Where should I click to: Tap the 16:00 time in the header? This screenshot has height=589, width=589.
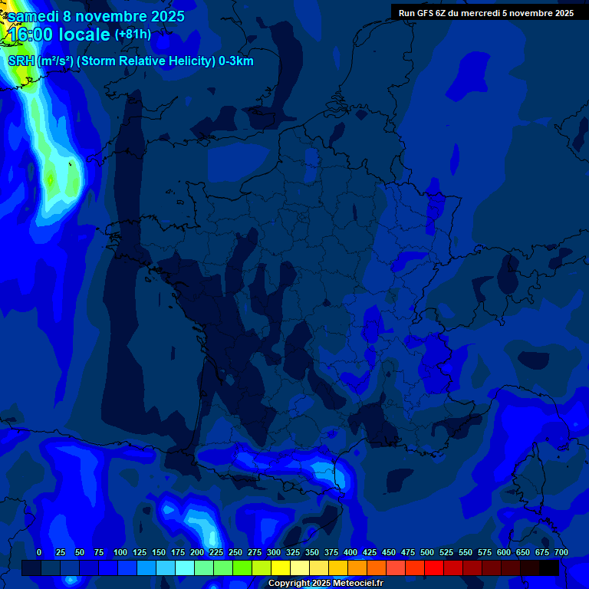tap(31, 35)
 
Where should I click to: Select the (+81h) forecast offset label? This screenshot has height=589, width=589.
tap(133, 35)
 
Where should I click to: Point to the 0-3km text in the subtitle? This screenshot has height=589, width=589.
tap(236, 61)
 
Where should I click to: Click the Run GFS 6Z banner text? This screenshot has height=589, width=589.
tap(485, 13)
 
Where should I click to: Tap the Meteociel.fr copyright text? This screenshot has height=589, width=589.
tap(325, 584)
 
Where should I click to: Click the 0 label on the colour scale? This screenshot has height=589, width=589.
tap(39, 553)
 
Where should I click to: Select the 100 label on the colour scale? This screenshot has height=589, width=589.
tap(120, 553)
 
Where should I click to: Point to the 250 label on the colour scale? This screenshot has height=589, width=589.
tap(235, 553)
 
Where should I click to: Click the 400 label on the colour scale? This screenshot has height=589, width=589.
tap(350, 553)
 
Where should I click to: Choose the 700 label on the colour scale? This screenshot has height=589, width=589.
tap(561, 553)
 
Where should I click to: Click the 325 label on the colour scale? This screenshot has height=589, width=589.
tap(293, 553)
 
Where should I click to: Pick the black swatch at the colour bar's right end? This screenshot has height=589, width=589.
tap(548, 568)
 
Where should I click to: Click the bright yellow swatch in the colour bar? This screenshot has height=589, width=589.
tap(280, 568)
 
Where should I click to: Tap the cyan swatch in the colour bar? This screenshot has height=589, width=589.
tap(184, 568)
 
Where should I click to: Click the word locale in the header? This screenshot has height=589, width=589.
tap(86, 35)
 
